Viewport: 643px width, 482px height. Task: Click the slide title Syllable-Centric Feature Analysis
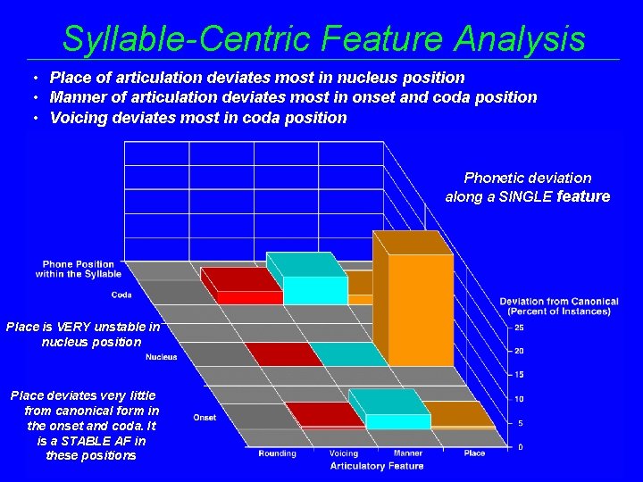(323, 38)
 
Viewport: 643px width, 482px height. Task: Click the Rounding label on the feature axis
(277, 453)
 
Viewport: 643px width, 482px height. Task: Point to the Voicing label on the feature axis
(344, 453)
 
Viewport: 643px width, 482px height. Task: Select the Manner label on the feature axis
(408, 453)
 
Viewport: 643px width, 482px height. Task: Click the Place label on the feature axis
(474, 453)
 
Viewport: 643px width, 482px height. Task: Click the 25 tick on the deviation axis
(519, 327)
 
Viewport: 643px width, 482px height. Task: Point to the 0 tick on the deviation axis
(521, 446)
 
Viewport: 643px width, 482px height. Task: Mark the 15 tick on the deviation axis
(519, 375)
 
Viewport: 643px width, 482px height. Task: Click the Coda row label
(121, 295)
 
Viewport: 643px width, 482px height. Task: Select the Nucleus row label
(161, 357)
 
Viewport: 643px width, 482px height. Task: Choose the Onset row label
(205, 418)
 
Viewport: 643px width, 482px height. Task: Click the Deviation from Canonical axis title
(559, 306)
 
